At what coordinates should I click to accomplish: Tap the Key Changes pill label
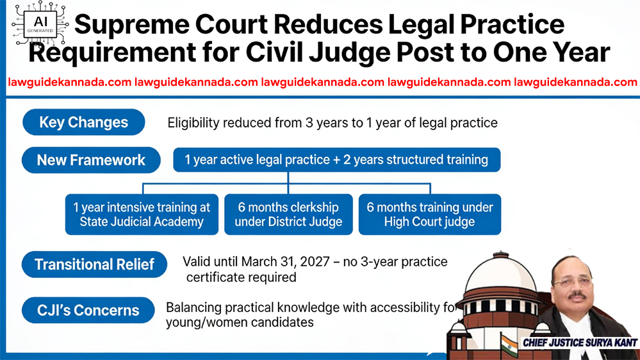pos(84,122)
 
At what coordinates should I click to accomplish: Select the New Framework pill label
pos(91,160)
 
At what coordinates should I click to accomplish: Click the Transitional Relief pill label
pos(94,265)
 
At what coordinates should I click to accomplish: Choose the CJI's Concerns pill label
pos(88,310)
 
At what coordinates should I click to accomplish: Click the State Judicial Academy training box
pos(142,215)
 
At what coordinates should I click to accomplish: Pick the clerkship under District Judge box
pos(288,215)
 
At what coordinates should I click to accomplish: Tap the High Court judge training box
pos(430,215)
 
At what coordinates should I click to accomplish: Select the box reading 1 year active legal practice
pos(337,160)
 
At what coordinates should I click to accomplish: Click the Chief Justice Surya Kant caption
pos(580,343)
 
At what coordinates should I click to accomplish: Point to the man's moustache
pos(578,295)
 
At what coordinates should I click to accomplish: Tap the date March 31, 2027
pos(285,261)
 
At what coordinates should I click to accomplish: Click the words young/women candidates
pos(240,322)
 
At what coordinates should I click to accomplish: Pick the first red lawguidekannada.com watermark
pos(69,83)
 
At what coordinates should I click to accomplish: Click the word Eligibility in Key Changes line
pos(193,123)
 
